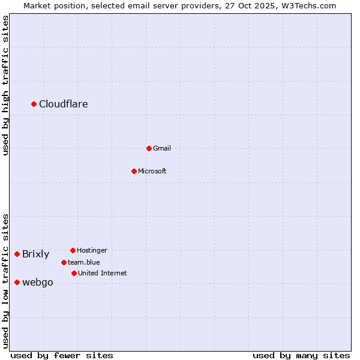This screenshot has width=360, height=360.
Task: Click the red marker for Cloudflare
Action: [34, 104]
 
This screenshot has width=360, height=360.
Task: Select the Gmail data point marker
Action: [149, 148]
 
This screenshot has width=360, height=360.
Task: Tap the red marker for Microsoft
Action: [134, 171]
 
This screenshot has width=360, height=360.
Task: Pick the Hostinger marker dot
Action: [73, 250]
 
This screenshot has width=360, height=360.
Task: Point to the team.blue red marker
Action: [64, 262]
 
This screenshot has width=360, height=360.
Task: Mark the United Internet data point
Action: [74, 273]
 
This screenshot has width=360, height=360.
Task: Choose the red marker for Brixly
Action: [17, 254]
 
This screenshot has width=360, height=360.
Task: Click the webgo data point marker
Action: [17, 282]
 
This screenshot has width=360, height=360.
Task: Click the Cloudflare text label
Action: [64, 104]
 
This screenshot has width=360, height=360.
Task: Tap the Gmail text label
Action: [162, 148]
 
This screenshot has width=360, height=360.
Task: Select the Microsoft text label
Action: [152, 171]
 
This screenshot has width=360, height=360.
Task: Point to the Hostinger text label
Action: [92, 250]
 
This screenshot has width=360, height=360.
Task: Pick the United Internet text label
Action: [103, 273]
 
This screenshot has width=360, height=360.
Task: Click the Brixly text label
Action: [36, 254]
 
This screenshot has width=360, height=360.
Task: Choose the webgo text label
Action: [38, 283]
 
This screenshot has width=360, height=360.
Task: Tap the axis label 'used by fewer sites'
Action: [62, 356]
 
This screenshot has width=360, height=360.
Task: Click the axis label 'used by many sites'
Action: [301, 356]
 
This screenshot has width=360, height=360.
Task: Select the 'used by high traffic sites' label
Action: [6, 85]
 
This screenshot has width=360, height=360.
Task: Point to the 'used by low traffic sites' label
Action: [6, 281]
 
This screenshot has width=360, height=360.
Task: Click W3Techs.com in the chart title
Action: [306, 5]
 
